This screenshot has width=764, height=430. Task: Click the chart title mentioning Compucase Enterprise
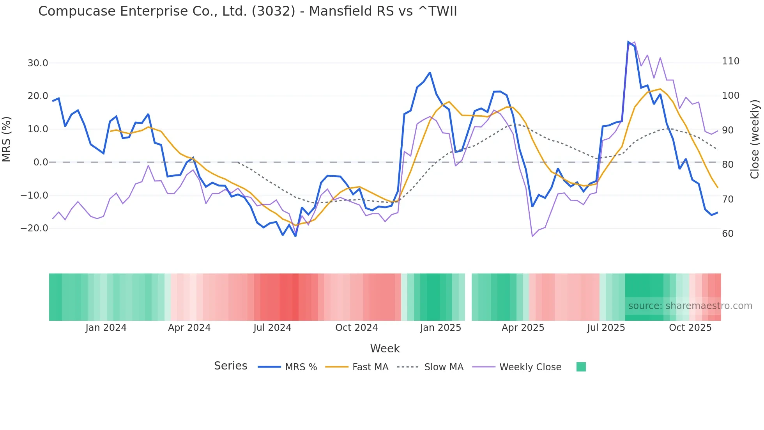[248, 11]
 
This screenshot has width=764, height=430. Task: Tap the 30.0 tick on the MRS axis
[38, 63]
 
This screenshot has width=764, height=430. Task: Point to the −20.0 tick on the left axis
[34, 228]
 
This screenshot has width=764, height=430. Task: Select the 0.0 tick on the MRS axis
[41, 162]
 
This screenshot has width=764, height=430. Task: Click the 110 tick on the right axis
[730, 61]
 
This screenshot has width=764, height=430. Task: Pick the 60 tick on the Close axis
[728, 234]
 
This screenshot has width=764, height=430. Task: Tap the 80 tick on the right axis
[728, 165]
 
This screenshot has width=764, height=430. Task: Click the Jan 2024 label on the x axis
[106, 328]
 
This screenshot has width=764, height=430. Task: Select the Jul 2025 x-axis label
[606, 328]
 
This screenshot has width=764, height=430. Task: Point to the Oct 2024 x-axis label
[356, 328]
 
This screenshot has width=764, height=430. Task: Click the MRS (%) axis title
[7, 139]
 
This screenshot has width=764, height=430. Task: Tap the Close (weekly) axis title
[755, 139]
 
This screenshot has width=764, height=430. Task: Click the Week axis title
[385, 348]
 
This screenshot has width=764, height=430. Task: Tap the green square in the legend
[581, 367]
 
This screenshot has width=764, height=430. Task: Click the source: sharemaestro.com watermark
[690, 306]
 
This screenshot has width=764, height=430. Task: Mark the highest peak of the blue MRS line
[628, 42]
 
